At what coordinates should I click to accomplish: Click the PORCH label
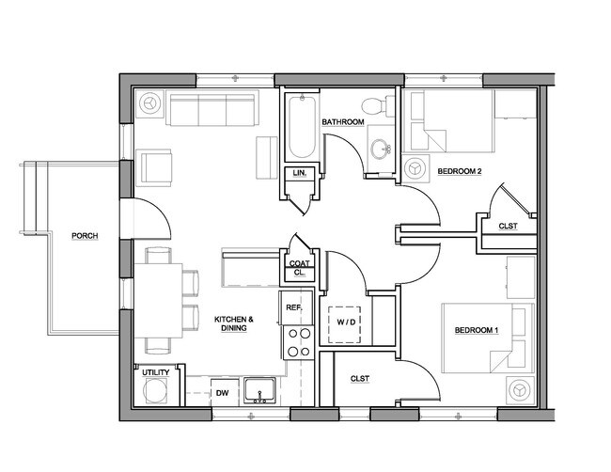click(85, 236)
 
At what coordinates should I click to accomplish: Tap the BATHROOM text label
click(343, 122)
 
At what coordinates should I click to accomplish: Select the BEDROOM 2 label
click(460, 171)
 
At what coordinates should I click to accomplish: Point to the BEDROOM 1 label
click(477, 330)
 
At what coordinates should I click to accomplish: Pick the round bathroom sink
click(381, 149)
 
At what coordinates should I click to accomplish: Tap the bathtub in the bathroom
click(302, 127)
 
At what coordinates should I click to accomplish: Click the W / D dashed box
click(344, 324)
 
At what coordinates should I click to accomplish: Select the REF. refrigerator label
click(294, 307)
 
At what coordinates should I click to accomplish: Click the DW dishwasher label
click(222, 393)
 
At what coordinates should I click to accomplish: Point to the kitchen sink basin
click(259, 390)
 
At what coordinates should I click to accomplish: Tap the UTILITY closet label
click(156, 372)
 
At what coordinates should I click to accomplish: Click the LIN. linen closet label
click(299, 173)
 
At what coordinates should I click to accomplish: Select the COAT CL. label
click(299, 268)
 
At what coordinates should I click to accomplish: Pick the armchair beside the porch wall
click(154, 167)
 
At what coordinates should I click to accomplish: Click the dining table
click(158, 301)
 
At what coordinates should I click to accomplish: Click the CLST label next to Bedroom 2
click(509, 226)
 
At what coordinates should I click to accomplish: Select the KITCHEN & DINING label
click(234, 323)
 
